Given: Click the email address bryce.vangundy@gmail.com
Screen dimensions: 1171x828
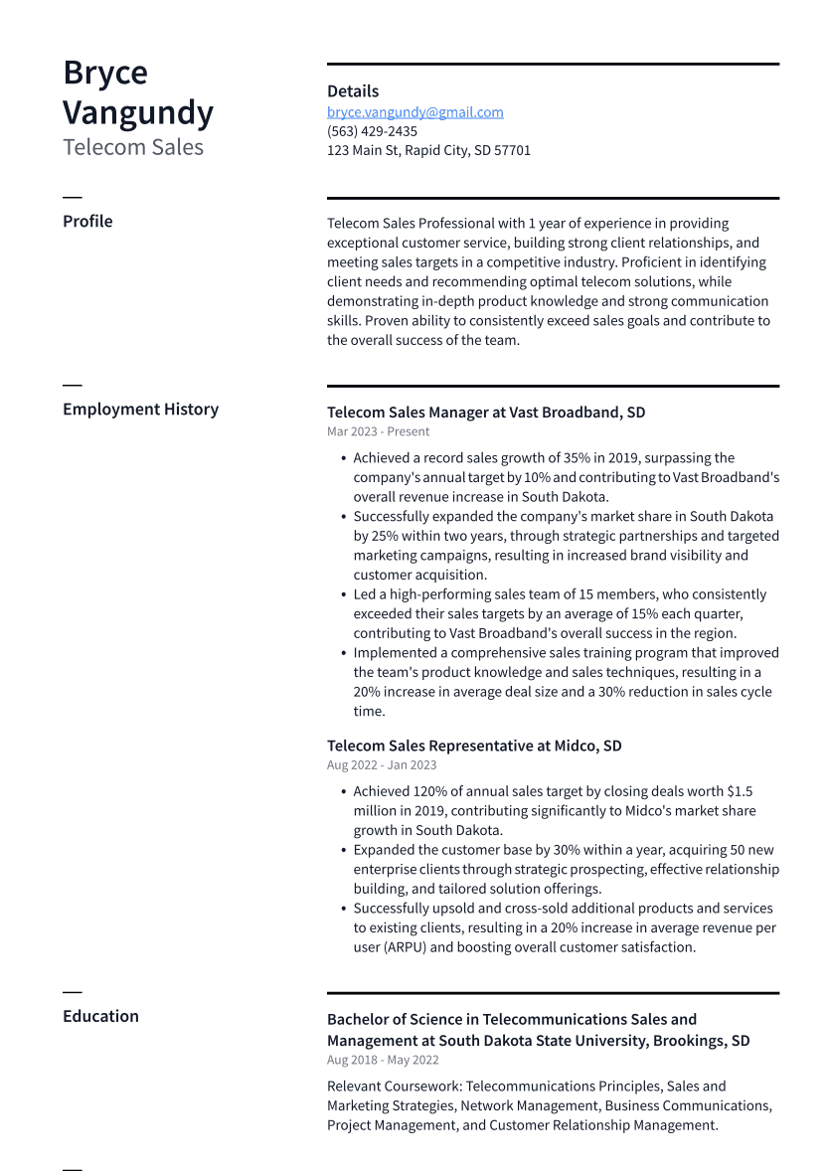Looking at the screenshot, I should [x=414, y=112].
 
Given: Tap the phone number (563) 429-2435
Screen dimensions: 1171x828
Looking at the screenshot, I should [x=372, y=131].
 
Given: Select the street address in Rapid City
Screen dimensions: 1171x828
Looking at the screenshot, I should [x=428, y=150].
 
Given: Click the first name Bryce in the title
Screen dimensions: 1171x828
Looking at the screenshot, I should [x=105, y=73].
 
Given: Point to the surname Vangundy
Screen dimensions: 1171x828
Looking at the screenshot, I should [x=138, y=112].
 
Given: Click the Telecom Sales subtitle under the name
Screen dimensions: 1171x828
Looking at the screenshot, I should [x=133, y=147].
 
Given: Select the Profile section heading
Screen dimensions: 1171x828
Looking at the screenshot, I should [x=87, y=221].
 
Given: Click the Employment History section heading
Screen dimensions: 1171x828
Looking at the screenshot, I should [x=140, y=409].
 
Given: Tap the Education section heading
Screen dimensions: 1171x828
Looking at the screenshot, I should [x=100, y=1016].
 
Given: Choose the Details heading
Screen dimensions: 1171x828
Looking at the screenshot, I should [x=353, y=90].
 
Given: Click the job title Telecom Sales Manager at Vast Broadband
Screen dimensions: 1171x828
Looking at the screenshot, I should [x=486, y=412].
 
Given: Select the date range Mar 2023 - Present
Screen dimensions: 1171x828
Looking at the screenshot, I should [x=378, y=431].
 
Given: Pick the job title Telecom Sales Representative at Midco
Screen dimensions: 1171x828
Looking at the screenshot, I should [x=474, y=746].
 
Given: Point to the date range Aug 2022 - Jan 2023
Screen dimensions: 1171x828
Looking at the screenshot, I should [x=382, y=765].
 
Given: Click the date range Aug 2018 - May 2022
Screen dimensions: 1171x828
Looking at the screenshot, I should [x=383, y=1060].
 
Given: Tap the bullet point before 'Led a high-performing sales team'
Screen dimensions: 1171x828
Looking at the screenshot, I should [x=343, y=594].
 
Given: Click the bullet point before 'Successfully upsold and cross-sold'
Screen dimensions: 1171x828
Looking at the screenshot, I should [x=343, y=909].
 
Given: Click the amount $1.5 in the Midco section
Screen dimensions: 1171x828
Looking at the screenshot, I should [x=740, y=791].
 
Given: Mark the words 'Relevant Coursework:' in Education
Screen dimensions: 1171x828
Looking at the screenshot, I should [x=394, y=1087].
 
